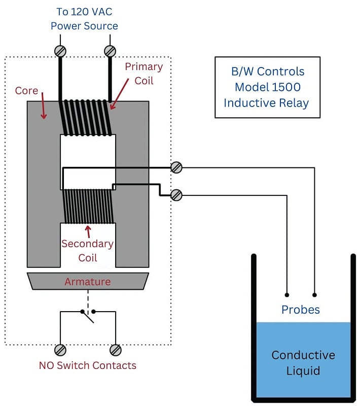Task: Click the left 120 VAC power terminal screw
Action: tap(60, 51)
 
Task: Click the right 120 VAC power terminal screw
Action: tap(110, 51)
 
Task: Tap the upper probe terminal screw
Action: tap(176, 167)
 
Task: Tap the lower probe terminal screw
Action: tap(176, 195)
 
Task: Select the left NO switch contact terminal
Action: tap(60, 350)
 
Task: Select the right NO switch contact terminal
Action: tap(116, 350)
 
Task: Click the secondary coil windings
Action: tap(87, 206)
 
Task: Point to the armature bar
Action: tap(88, 281)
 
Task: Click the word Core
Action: tap(26, 91)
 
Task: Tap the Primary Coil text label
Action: tap(143, 74)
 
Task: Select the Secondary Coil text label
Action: tap(87, 251)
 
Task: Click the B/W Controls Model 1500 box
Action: tap(267, 87)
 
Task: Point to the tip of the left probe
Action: tap(287, 294)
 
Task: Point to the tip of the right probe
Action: tap(315, 294)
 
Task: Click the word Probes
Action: tap(301, 310)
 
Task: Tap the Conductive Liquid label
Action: tap(303, 362)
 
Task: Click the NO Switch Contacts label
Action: tap(88, 365)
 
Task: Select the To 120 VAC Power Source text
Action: tap(84, 19)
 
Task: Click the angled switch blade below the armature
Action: tap(88, 318)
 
